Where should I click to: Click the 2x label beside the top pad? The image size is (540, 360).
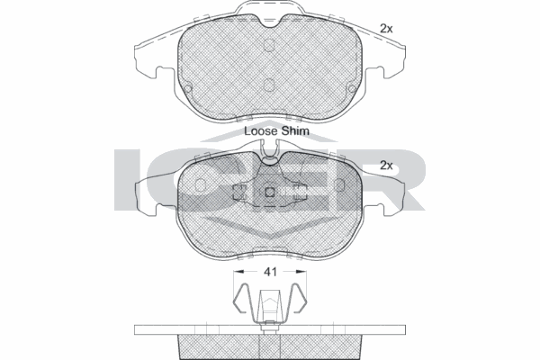387,29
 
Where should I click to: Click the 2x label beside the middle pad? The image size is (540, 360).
387,166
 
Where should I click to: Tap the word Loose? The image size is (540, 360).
261,130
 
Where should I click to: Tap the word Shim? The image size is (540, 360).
295,130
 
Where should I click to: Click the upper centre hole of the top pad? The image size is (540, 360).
270,44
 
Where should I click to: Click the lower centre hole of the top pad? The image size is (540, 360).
270,85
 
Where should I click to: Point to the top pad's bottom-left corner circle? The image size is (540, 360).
191,88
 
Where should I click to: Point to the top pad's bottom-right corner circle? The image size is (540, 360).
349,88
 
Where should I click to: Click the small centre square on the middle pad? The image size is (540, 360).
270,192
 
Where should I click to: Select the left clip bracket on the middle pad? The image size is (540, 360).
239,192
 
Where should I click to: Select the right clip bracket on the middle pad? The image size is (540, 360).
301,192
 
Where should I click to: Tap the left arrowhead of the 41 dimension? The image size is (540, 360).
237,270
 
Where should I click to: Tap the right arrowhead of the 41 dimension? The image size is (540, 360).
303,270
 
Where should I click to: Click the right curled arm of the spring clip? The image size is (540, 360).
297,299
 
